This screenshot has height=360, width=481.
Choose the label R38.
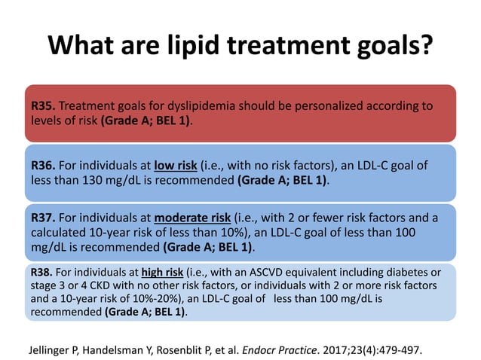point(44,271)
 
